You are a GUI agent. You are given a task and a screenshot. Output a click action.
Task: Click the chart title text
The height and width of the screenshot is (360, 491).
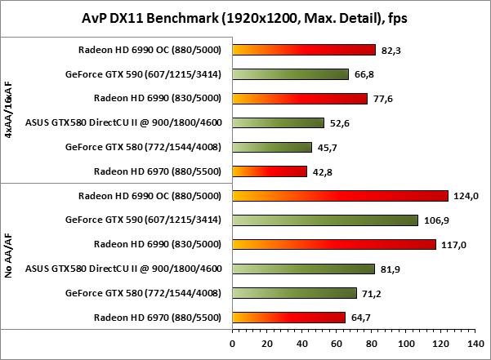tap(245, 17)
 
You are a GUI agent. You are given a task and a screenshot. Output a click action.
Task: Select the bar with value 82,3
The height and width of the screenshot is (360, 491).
tap(304, 50)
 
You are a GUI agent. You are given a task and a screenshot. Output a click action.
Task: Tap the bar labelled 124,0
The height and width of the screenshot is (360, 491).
tap(341, 195)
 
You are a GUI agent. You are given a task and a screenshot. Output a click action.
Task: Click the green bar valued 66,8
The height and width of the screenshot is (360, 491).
tap(291, 74)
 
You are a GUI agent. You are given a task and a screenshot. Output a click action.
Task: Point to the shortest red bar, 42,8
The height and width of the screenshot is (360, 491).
tap(270, 171)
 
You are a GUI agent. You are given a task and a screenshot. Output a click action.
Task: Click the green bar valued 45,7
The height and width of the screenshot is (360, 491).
tap(272, 147)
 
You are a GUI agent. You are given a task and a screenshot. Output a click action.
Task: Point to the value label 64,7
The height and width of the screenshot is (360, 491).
tap(360, 318)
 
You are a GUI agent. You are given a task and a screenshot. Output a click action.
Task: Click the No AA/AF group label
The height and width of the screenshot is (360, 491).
tap(8, 256)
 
